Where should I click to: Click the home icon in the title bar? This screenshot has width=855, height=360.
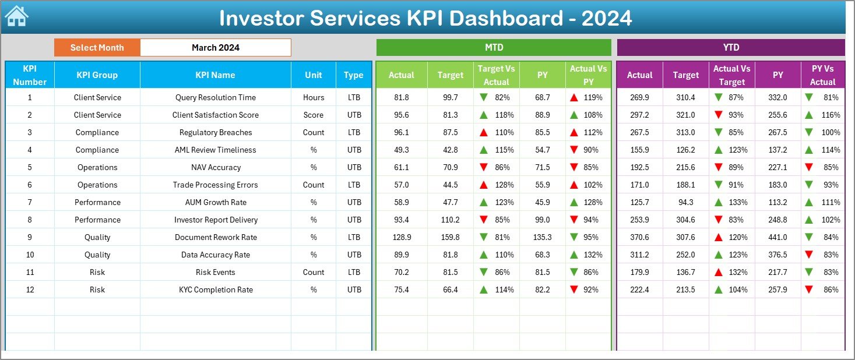pos(16,16)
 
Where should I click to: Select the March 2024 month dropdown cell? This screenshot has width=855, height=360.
pos(215,48)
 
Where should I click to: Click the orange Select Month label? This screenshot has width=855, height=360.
pos(97,48)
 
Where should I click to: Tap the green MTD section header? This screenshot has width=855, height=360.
pos(493,47)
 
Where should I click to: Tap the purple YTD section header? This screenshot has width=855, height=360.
pos(730,47)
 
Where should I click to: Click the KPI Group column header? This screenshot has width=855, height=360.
pos(97,75)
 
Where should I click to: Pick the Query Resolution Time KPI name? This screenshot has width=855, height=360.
pos(215,97)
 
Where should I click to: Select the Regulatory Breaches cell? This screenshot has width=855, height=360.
pos(215,132)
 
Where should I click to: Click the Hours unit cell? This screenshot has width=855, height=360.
pos(314,97)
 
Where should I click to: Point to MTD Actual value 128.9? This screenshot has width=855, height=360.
pos(402,237)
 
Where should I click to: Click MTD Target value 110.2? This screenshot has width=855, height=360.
pos(450,220)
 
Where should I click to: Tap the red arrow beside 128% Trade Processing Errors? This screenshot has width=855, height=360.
pos(483,185)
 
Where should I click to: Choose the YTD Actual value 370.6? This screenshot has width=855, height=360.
pos(639,237)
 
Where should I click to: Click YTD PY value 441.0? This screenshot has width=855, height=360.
pos(777,237)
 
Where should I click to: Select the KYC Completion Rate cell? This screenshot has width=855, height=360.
pos(215,290)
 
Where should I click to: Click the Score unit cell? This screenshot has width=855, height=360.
pos(314,115)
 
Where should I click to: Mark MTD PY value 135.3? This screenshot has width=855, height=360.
pos(542,237)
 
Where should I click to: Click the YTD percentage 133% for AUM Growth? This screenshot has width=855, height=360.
pos(738,202)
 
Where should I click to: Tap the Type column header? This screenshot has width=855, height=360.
pos(353,75)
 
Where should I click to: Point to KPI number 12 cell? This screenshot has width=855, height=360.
pos(30,290)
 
